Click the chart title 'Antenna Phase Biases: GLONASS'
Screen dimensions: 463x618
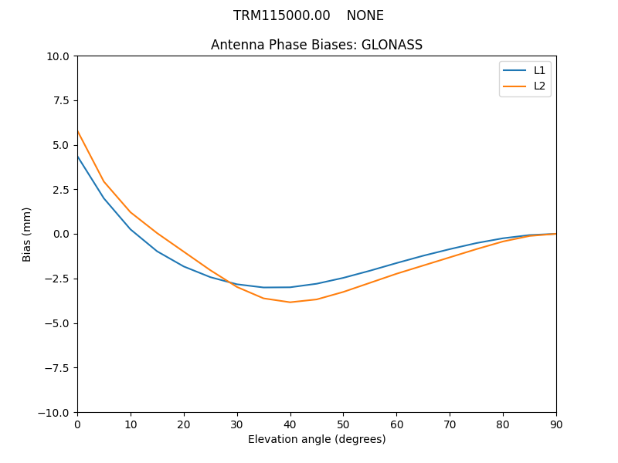(317, 45)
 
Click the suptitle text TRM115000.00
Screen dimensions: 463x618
(281, 15)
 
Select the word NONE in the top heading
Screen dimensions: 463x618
(365, 15)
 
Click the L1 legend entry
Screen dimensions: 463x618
(539, 70)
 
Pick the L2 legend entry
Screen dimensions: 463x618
(539, 86)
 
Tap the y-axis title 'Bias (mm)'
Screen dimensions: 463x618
(27, 234)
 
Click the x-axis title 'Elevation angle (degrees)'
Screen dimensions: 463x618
(317, 439)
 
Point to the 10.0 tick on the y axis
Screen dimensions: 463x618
(59, 56)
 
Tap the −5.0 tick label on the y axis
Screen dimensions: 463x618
(58, 323)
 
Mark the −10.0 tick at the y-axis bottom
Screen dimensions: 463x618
(56, 412)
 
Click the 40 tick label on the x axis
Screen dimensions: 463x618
(290, 424)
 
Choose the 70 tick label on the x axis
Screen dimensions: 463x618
(450, 424)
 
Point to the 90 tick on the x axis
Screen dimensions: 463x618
(556, 424)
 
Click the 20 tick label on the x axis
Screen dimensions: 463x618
(184, 424)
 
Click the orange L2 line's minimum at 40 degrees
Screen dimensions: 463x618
(290, 302)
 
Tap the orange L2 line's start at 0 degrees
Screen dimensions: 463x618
(78, 131)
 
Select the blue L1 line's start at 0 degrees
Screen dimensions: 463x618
(78, 157)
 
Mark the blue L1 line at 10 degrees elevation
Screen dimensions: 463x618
(131, 229)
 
